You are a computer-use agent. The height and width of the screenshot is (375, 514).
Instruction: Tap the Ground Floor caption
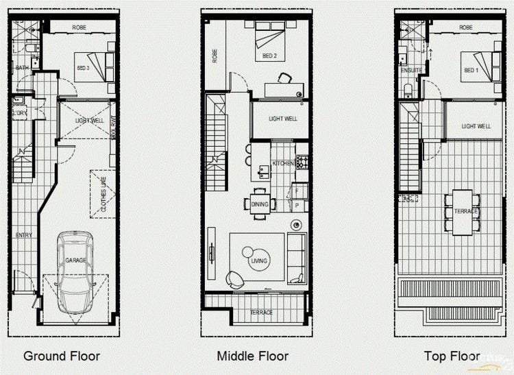(62, 356)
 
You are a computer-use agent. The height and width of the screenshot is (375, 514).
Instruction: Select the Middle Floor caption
(252, 356)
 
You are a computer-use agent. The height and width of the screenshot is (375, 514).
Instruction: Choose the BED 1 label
(471, 71)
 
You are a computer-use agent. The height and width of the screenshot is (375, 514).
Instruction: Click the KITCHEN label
(283, 164)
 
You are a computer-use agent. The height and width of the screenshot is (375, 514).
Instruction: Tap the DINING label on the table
(260, 204)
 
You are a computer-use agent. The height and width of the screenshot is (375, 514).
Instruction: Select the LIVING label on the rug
(259, 261)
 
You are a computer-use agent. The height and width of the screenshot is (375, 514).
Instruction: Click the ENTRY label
(24, 235)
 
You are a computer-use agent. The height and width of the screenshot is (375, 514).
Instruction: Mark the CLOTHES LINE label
(103, 194)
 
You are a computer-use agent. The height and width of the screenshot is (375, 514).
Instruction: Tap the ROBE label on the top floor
(466, 27)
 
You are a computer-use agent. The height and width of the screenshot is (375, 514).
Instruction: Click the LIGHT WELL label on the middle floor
(283, 119)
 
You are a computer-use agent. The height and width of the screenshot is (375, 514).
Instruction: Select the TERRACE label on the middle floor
(261, 313)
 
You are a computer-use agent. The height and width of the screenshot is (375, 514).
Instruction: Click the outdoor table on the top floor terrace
(463, 211)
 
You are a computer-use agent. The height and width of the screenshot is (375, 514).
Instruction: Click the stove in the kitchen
(302, 163)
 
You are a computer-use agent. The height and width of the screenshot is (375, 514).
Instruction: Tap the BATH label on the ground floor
(22, 67)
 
